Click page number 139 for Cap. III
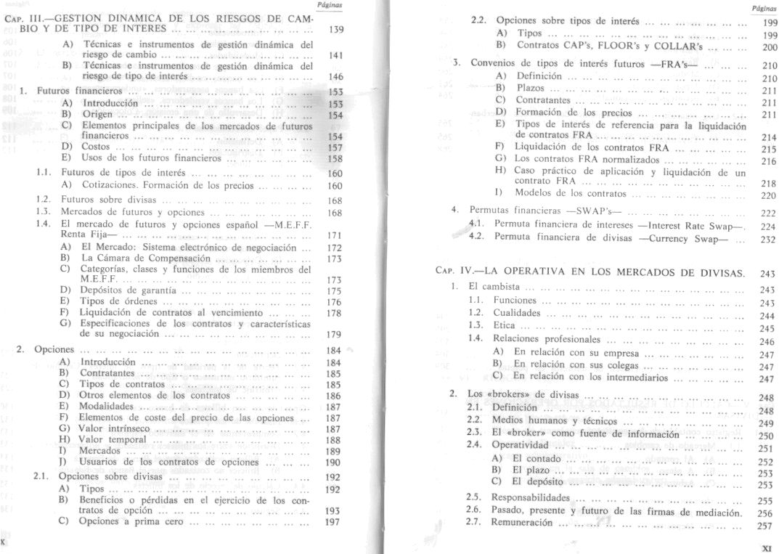[x=335, y=31]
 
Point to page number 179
[x=334, y=335]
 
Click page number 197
[x=334, y=522]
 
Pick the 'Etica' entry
[x=503, y=327]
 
